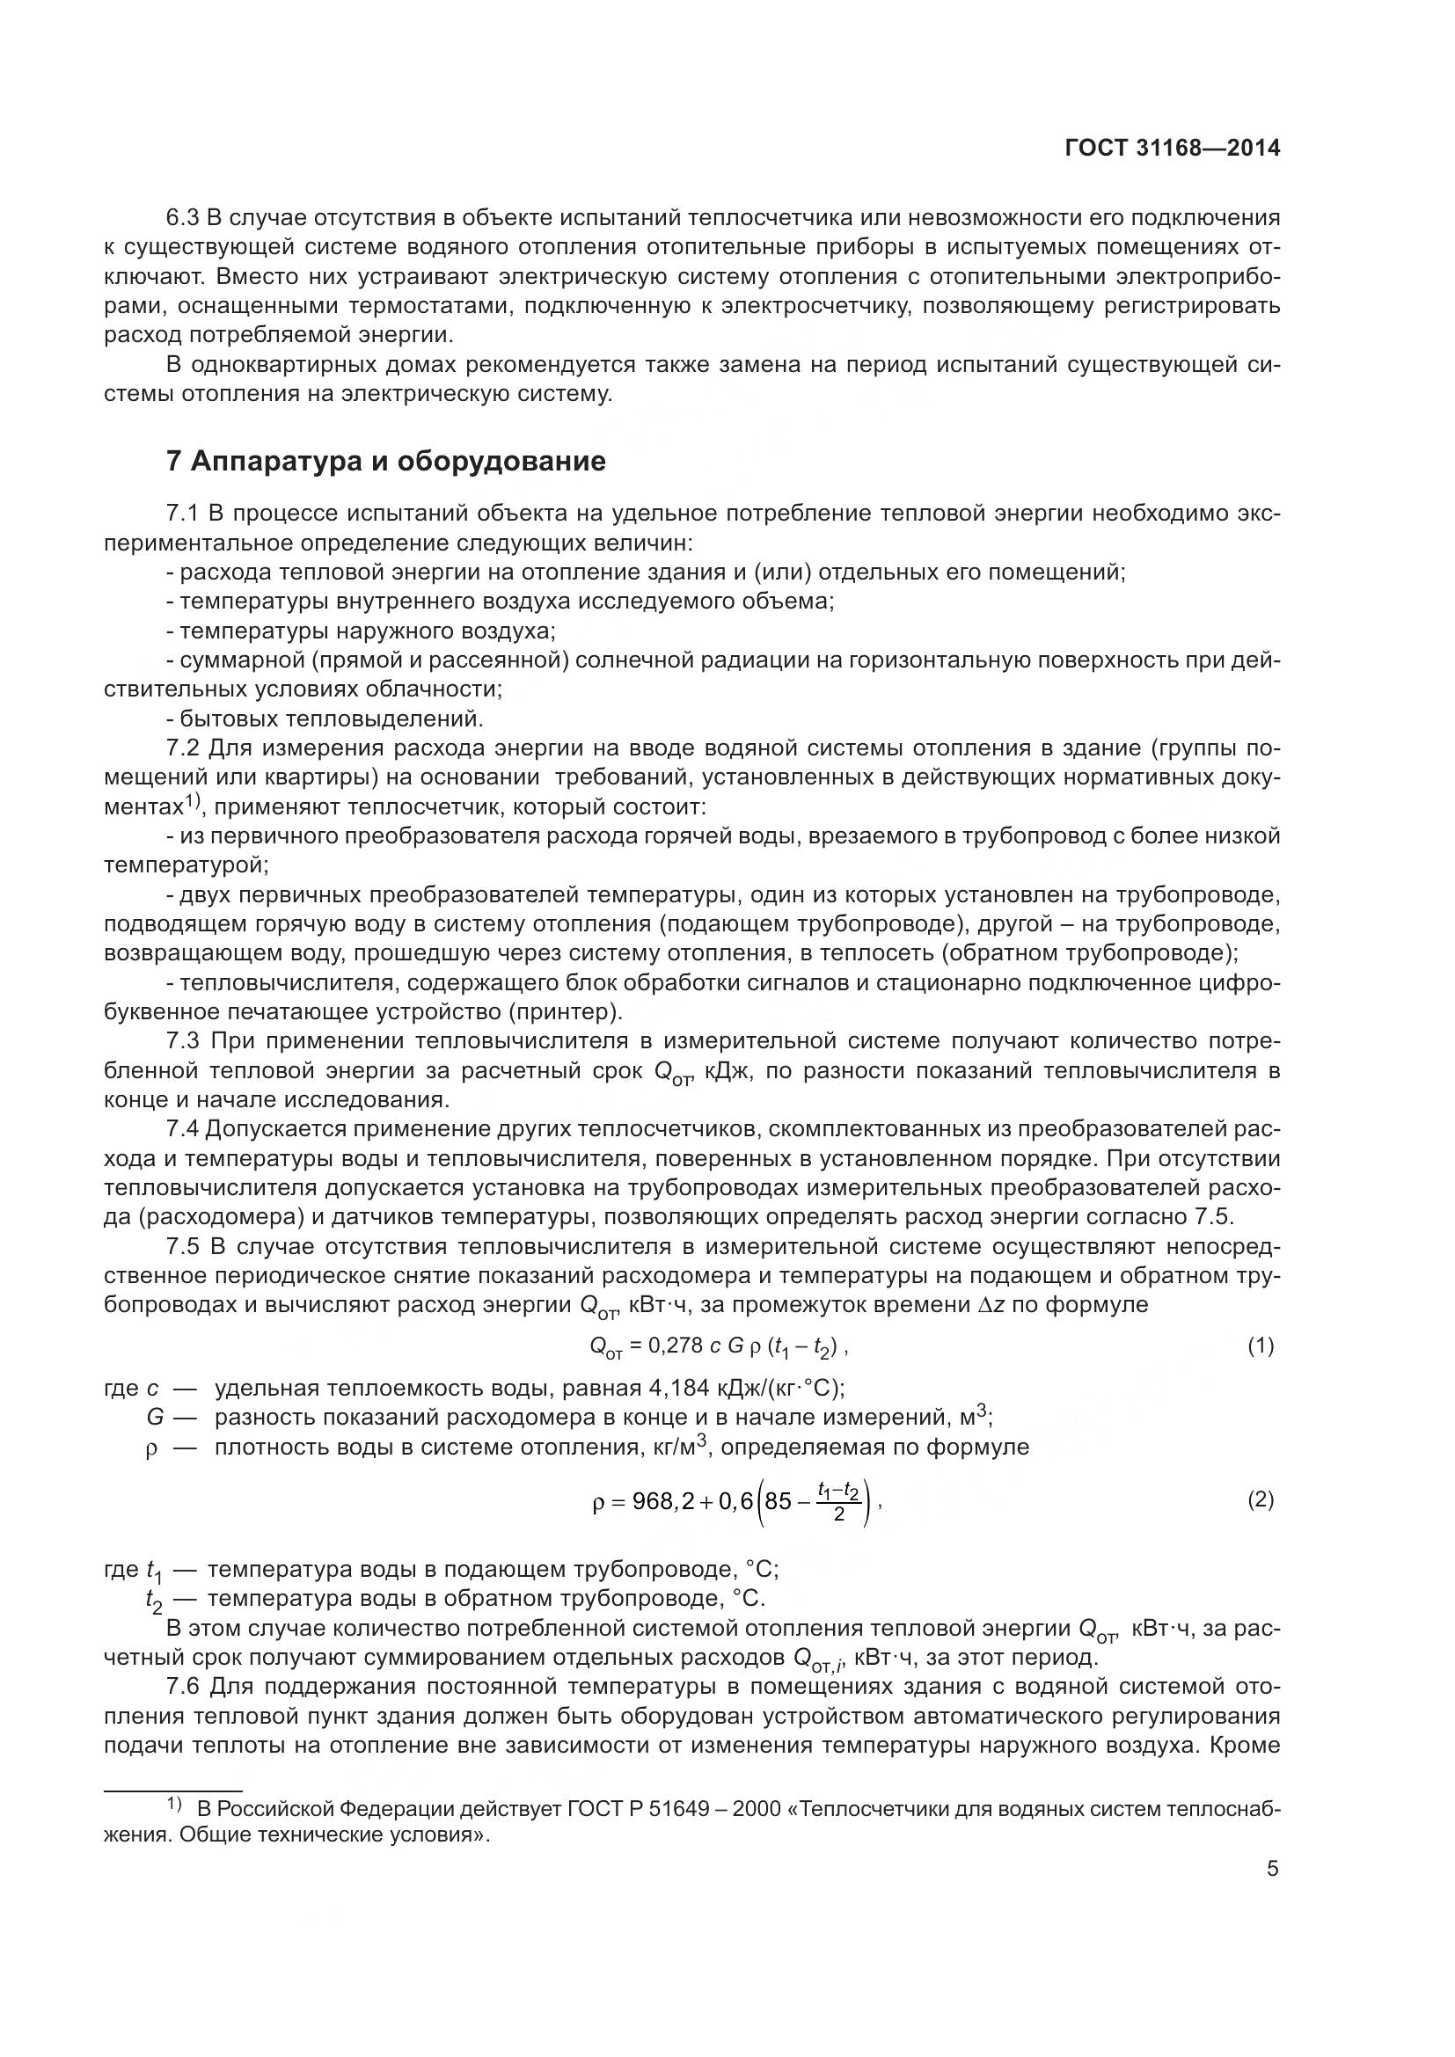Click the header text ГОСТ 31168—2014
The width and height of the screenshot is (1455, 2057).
pos(1172,148)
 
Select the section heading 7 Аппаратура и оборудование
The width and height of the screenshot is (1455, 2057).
pos(386,462)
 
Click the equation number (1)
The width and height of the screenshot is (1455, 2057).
pos(1261,1345)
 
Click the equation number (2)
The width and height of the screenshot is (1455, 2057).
pos(1261,1499)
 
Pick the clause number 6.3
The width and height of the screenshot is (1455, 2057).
pos(184,218)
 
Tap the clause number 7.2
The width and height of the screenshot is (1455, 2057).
pos(184,748)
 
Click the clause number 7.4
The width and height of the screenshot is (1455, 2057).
pos(184,1130)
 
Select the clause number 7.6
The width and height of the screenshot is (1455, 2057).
pos(184,1687)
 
